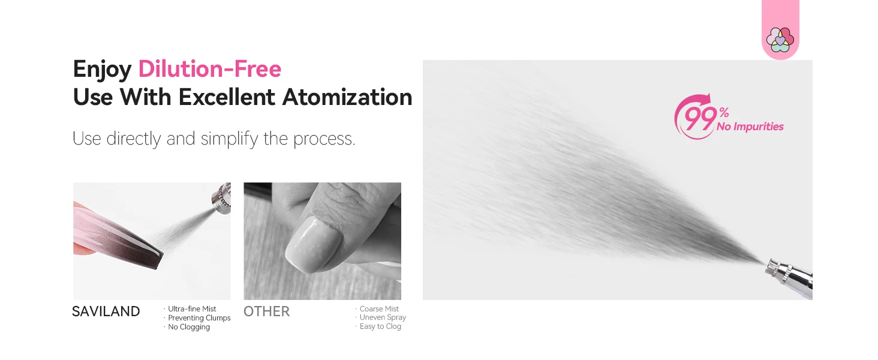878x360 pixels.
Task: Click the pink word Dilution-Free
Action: [x=210, y=69]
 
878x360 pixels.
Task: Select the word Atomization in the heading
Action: [x=347, y=97]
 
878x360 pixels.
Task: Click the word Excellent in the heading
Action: [x=227, y=97]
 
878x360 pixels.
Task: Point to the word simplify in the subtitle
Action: [x=229, y=139]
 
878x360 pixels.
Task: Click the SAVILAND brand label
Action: [x=106, y=311]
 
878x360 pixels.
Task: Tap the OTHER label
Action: [x=266, y=311]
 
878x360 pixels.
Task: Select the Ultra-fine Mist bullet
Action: [x=192, y=309]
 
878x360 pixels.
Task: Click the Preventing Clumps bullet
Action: [x=199, y=318]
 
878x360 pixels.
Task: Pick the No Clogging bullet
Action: [x=188, y=327]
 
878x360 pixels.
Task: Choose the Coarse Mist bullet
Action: [x=378, y=309]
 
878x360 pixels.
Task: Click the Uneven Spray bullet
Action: [x=383, y=317]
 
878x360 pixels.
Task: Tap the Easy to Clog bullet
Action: [x=380, y=326]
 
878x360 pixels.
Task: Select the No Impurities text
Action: [x=750, y=127]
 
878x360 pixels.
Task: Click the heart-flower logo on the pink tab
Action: [x=780, y=40]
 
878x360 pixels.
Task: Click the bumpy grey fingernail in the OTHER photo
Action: [x=312, y=244]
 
